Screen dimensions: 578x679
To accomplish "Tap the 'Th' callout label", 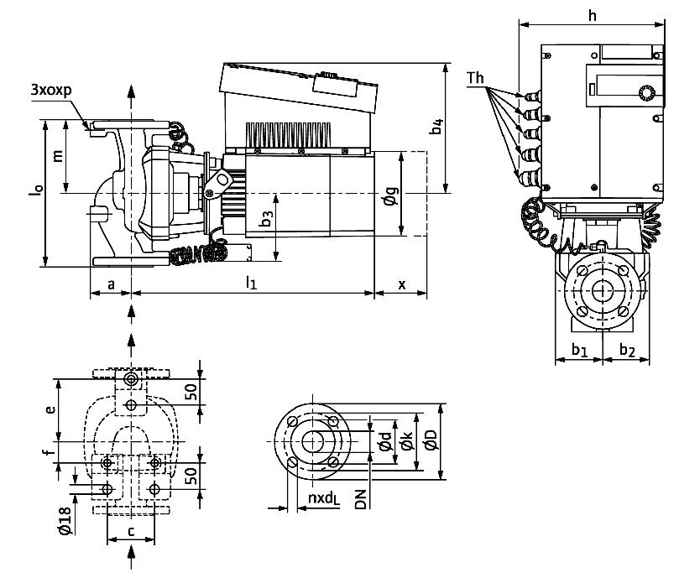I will tap(476, 78).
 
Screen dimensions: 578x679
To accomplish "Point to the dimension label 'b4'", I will tap(436, 126).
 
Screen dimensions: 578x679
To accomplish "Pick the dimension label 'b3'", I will tap(265, 220).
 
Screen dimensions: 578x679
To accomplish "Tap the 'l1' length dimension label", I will tap(250, 283).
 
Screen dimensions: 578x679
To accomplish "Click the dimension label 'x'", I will tap(401, 284).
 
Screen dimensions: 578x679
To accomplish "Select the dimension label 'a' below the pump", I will tap(111, 284).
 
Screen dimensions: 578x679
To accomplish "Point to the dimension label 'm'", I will tap(57, 157).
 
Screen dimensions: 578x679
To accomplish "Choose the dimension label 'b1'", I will tap(579, 349).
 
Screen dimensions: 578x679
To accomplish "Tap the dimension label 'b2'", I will tap(627, 349).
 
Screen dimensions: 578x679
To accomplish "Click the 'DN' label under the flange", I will tap(360, 501).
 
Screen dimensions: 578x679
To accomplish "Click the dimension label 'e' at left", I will tap(50, 409).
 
